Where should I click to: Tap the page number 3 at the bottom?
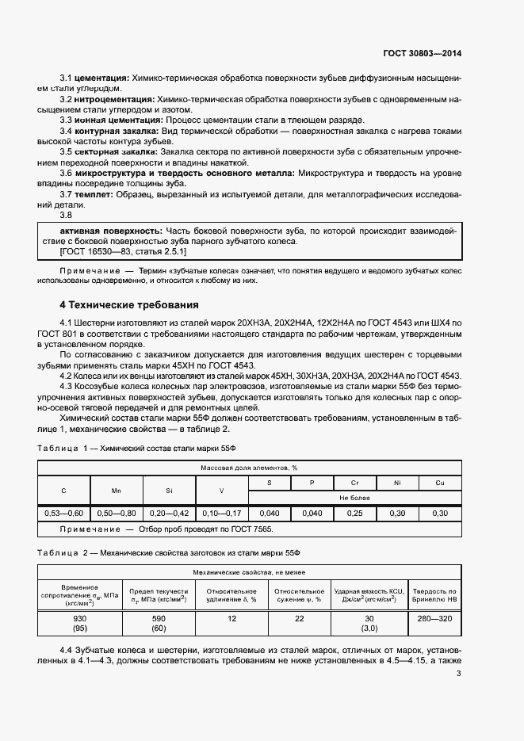[x=459, y=674]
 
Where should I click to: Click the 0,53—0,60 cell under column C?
[x=63, y=514]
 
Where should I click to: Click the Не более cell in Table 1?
[x=356, y=498]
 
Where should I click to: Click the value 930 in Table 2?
[x=78, y=618]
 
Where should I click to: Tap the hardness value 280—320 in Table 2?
[x=434, y=618]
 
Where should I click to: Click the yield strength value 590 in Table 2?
[x=159, y=618]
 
